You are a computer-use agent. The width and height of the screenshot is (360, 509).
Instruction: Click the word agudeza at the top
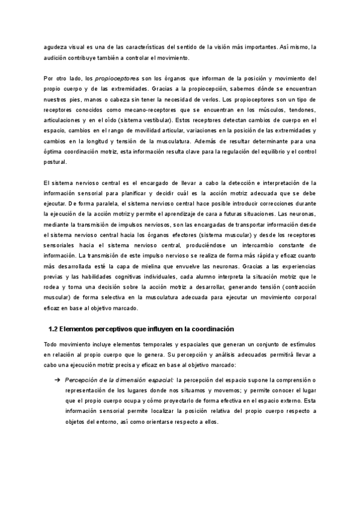(56, 47)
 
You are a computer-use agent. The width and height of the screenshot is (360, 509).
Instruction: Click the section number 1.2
(53, 329)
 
